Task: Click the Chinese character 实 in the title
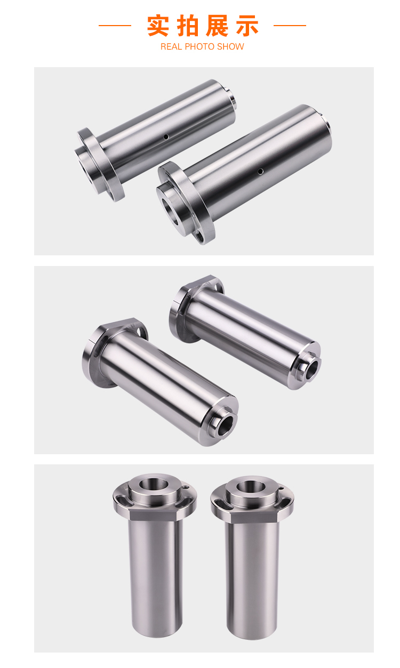(158, 26)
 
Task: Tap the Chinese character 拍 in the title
(188, 26)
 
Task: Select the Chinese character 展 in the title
(217, 26)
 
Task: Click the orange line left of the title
(115, 26)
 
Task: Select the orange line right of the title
(290, 26)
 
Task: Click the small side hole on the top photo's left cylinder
(166, 137)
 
